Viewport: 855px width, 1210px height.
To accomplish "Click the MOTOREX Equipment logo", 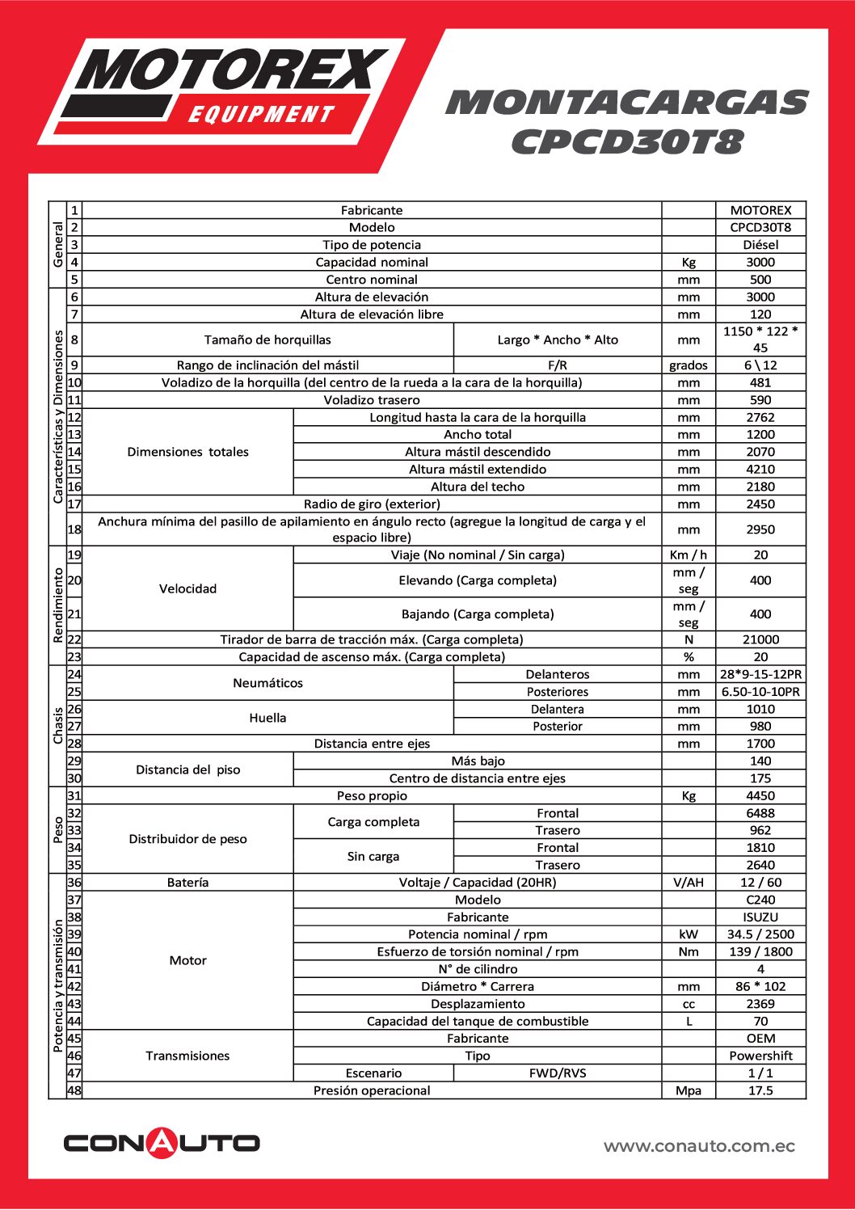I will click(x=222, y=89).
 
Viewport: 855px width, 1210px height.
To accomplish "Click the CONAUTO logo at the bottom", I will click(x=162, y=1142).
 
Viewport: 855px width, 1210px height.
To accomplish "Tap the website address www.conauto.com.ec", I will click(x=699, y=1146).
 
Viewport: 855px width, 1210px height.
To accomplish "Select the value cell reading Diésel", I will click(x=760, y=245).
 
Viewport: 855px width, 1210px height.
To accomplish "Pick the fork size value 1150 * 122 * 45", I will click(x=760, y=339).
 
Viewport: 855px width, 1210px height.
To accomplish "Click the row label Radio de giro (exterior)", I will click(x=372, y=504).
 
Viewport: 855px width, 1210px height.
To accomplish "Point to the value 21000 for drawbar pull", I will click(x=760, y=639).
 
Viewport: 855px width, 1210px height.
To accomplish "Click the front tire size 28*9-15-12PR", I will click(x=760, y=674).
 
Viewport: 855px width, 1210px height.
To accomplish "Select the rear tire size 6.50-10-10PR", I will click(x=760, y=692).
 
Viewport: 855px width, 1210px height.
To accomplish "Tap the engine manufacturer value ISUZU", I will click(x=760, y=917).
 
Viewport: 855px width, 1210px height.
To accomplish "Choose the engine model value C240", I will click(x=760, y=900).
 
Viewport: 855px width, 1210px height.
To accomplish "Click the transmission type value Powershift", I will click(x=760, y=1056).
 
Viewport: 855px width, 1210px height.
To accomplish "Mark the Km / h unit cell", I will click(x=689, y=555).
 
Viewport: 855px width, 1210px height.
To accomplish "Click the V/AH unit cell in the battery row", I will click(x=689, y=883).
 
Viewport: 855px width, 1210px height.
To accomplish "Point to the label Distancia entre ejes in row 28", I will click(x=372, y=744).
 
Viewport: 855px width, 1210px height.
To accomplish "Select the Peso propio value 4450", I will click(x=760, y=796).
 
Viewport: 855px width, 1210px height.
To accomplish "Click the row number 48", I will click(x=74, y=1090).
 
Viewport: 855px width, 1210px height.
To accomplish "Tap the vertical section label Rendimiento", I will click(x=58, y=605).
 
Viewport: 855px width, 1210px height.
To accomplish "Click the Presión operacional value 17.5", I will click(x=760, y=1090).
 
